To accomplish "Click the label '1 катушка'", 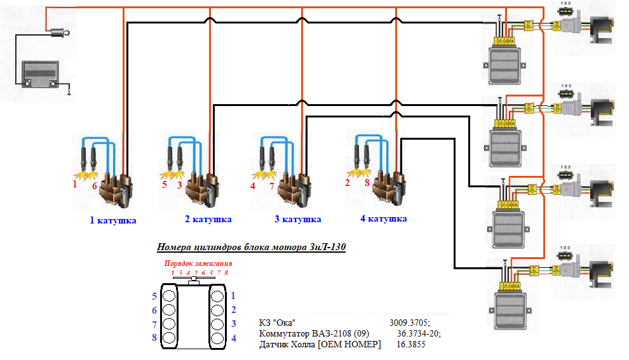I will pos(113,221).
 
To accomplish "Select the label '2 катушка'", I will pos(208,220).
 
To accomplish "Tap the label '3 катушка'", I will pos(297,219).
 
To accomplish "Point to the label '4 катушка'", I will pos(384,218).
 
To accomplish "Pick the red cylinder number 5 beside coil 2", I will pos(165,185).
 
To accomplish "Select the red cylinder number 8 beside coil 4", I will pos(367,183).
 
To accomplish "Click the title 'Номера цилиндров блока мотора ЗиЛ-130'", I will pos(251,248).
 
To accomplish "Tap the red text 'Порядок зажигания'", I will pos(198,263).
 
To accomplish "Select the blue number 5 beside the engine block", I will pos(154,296).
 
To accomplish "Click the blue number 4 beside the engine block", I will pos(233,338).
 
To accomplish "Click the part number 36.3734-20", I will pos(418,333).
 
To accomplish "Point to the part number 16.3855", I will pos(410,344).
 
